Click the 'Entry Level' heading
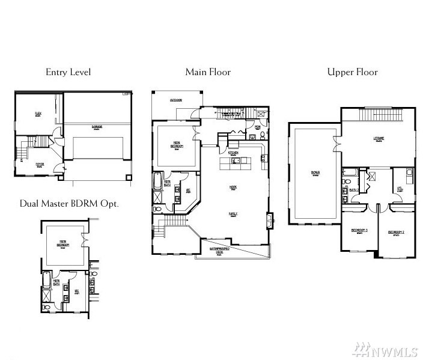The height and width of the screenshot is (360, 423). [x=68, y=72]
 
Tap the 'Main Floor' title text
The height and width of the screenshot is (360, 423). [x=208, y=72]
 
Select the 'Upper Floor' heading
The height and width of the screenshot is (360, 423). [x=352, y=72]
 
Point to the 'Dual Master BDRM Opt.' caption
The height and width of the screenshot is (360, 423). [x=69, y=203]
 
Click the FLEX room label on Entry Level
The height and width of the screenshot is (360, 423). [x=37, y=113]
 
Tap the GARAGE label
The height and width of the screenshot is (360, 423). [x=97, y=127]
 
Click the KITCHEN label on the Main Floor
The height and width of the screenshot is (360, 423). [x=233, y=154]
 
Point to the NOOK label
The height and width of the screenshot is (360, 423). [x=233, y=187]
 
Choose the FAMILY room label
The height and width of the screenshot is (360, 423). [x=233, y=213]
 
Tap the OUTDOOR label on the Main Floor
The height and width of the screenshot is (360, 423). [x=176, y=100]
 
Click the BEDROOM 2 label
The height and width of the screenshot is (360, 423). [x=395, y=232]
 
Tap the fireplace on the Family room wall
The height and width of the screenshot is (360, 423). [x=270, y=218]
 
